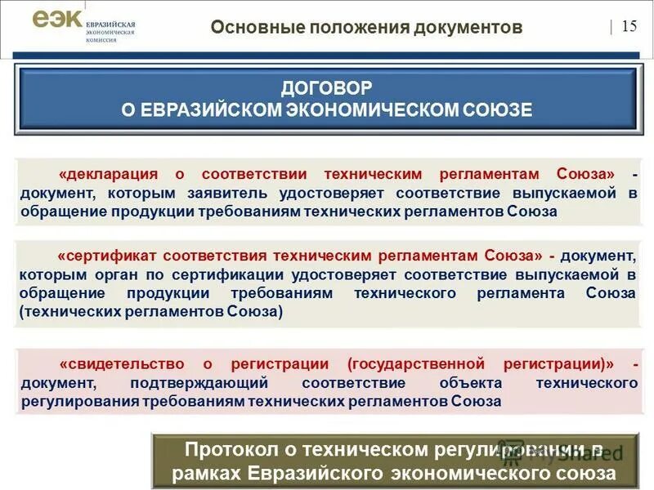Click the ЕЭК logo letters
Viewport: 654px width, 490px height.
point(58,20)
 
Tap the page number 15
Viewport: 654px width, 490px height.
point(629,26)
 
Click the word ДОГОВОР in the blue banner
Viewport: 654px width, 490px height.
point(326,86)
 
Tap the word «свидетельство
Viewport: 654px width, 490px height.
point(121,363)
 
